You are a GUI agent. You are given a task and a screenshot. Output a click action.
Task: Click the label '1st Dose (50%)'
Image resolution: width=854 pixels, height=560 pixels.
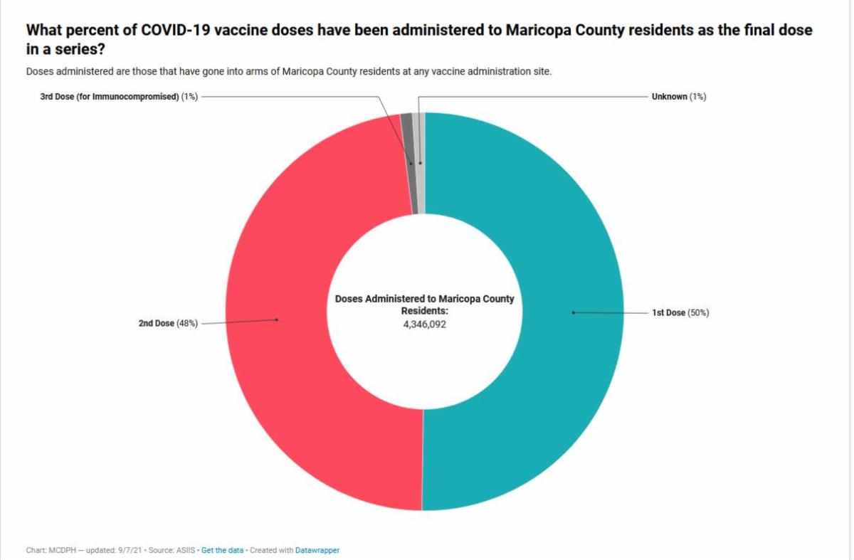[680, 313]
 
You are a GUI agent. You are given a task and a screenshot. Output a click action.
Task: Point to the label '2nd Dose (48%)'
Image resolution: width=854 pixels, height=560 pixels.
[168, 323]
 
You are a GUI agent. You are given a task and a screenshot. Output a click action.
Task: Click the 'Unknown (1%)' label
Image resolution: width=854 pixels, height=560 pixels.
[678, 97]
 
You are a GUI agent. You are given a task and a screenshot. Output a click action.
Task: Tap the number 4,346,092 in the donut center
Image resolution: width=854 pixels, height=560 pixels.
[424, 324]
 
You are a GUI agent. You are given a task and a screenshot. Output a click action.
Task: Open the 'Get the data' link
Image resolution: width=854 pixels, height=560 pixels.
[222, 550]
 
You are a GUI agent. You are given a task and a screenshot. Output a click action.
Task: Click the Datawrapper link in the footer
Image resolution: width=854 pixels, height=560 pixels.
[317, 550]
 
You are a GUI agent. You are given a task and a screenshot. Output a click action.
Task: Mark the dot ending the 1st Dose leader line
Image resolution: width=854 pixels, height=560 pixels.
[573, 312]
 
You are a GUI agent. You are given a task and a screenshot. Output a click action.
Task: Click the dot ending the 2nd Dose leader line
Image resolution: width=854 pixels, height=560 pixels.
[277, 320]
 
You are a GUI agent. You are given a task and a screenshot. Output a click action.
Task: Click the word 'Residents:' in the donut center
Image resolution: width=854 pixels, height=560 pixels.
[424, 311]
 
